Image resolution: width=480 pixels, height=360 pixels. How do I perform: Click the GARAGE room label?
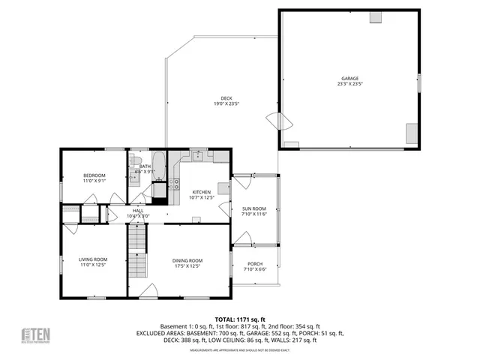(x=349, y=78)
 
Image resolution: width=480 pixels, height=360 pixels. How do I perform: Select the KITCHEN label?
(x=200, y=192)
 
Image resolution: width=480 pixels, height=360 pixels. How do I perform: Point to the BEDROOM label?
(x=94, y=175)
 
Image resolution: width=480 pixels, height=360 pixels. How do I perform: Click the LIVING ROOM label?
(x=93, y=259)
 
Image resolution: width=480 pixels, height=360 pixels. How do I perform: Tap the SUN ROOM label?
(x=253, y=209)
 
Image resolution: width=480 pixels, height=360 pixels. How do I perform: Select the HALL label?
(x=138, y=211)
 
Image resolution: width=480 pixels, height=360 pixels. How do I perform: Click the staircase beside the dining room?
(x=136, y=251)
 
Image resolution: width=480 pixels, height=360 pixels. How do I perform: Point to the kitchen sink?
(x=196, y=157)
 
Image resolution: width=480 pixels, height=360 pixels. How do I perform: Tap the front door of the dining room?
(x=149, y=290)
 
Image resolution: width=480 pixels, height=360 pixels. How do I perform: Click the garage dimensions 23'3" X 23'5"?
(x=349, y=84)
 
